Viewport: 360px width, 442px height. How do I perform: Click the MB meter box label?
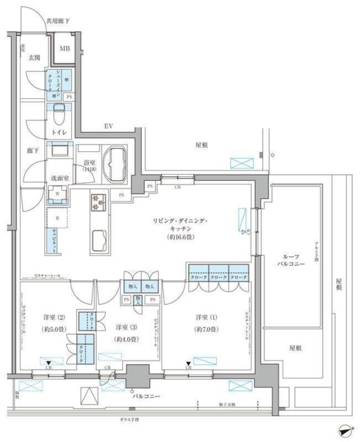click(64, 48)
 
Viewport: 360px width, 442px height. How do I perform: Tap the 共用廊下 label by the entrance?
click(59, 22)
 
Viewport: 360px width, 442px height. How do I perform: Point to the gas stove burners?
click(96, 202)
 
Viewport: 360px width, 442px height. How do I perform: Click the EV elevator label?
click(108, 126)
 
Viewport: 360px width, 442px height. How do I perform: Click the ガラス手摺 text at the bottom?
click(128, 419)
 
